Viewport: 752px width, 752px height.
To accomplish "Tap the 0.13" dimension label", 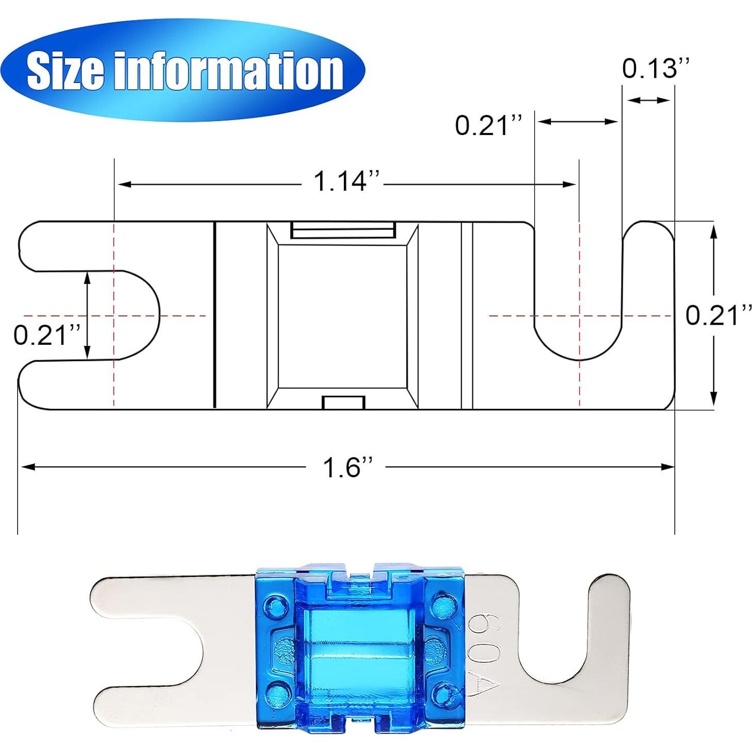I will tap(655, 68).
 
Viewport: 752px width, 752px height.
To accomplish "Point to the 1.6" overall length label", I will tap(346, 467).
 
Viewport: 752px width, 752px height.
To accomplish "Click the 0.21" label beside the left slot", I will tap(47, 335).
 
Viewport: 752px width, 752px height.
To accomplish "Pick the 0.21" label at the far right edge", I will tap(718, 315).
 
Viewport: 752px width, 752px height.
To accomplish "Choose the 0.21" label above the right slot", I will tap(489, 125).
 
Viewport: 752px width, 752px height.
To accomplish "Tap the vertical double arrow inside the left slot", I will tap(87, 315).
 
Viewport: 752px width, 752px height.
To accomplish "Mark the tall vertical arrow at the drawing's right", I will tap(713, 315).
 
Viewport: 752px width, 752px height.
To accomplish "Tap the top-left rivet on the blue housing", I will tap(275, 605).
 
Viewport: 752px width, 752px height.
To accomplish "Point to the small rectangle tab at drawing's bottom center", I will tap(343, 403).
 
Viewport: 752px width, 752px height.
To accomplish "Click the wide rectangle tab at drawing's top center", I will tap(343, 230).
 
